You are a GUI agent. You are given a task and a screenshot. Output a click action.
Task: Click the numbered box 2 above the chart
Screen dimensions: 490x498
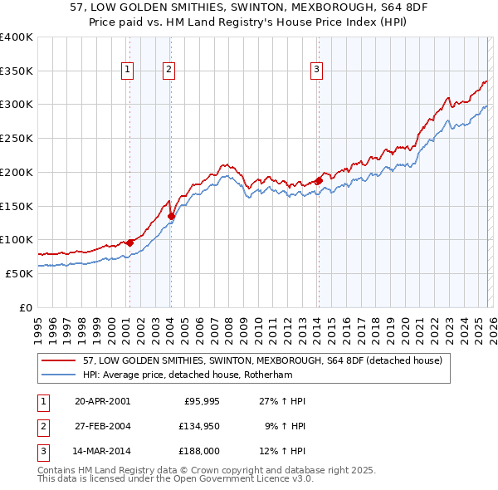pos(168,71)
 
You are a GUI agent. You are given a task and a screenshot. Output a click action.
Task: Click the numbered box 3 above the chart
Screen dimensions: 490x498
pos(317,71)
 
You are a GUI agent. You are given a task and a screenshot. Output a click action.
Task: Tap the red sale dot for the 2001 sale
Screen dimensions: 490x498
pos(129,243)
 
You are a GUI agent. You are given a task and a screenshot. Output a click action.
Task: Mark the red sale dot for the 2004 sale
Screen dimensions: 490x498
pos(172,216)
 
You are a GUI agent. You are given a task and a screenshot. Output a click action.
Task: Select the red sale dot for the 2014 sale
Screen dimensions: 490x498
pos(319,180)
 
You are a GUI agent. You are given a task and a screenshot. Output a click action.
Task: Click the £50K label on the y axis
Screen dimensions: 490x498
pos(18,273)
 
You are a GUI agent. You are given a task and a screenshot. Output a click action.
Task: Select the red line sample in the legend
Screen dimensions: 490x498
pos(59,360)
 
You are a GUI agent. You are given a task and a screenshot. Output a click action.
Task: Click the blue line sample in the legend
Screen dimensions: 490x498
pos(59,375)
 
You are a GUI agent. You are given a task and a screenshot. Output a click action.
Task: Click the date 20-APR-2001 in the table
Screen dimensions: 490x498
pos(102,401)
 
